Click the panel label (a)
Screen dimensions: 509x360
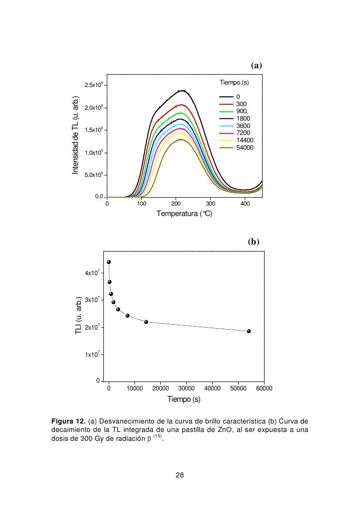256,65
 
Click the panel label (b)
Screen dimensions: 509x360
253,242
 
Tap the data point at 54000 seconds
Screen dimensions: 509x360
249,331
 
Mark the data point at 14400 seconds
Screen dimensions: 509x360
146,322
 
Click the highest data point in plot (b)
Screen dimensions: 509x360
109,262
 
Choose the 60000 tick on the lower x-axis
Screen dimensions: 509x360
264,389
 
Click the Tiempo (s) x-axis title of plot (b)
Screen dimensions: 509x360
184,399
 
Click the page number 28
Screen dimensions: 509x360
180,475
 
